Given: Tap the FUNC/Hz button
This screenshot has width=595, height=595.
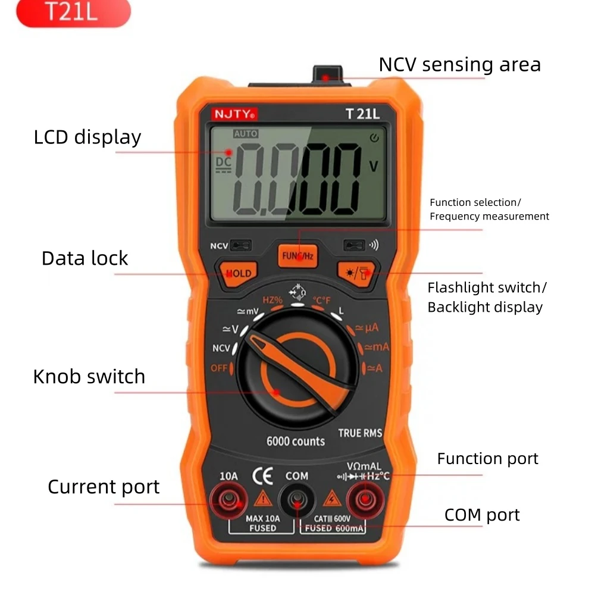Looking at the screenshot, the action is pyautogui.click(x=297, y=256).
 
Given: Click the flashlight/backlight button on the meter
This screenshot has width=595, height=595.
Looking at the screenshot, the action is pyautogui.click(x=356, y=273).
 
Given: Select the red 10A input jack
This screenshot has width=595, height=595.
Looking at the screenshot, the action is pyautogui.click(x=229, y=500).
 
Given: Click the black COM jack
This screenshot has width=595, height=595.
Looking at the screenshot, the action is pyautogui.click(x=297, y=500).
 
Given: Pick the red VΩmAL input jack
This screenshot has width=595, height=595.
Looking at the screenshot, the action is pyautogui.click(x=365, y=500).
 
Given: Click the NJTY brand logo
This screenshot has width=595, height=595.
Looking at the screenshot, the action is pyautogui.click(x=234, y=114).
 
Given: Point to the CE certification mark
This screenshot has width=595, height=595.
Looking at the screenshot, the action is pyautogui.click(x=262, y=476).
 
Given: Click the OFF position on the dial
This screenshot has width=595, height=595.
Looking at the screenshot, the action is pyautogui.click(x=219, y=368).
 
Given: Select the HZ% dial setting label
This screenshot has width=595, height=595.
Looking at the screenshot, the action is pyautogui.click(x=273, y=300).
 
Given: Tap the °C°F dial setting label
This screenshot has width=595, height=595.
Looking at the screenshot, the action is pyautogui.click(x=321, y=300).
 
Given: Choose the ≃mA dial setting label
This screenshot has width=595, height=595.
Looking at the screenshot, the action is pyautogui.click(x=377, y=347).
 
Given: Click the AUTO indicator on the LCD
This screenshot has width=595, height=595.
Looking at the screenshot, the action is pyautogui.click(x=246, y=133).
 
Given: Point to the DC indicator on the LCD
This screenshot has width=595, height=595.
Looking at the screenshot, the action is pyautogui.click(x=224, y=164).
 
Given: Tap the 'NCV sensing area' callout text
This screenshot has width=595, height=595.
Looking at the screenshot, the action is pyautogui.click(x=459, y=64).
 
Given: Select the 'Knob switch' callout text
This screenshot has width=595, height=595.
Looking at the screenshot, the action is pyautogui.click(x=89, y=377).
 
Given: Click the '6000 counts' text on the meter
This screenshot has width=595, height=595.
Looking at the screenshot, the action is pyautogui.click(x=296, y=441).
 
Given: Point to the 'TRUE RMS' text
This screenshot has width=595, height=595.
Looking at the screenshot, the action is pyautogui.click(x=360, y=433).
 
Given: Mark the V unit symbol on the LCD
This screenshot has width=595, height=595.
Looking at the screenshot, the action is pyautogui.click(x=374, y=166).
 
